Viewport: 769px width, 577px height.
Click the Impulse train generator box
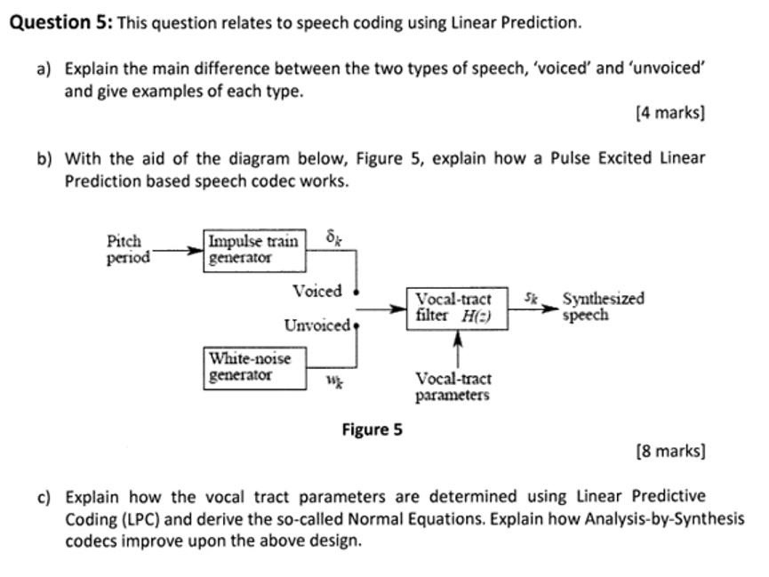point(254,249)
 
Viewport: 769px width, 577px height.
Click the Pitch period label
point(127,249)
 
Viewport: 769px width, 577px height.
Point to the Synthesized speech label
point(602,307)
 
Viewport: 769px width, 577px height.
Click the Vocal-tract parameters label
point(453,387)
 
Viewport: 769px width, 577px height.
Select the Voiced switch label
point(316,291)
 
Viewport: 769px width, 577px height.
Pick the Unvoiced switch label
point(316,325)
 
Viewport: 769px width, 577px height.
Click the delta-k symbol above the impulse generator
point(333,237)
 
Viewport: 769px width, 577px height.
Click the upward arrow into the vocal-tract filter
point(458,348)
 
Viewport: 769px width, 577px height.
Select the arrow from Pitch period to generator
point(178,250)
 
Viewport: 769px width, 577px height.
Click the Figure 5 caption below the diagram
point(372,430)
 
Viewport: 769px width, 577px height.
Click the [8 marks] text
point(670,451)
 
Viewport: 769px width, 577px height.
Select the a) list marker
point(44,68)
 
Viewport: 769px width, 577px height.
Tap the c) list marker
point(44,497)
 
